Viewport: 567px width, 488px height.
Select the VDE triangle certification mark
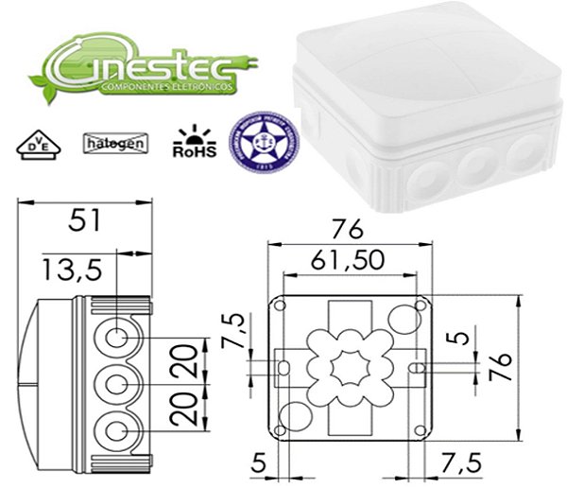(34, 145)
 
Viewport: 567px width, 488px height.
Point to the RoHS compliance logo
(195, 143)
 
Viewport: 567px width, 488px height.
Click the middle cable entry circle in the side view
(116, 384)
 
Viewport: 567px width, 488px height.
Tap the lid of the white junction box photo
(416, 57)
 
